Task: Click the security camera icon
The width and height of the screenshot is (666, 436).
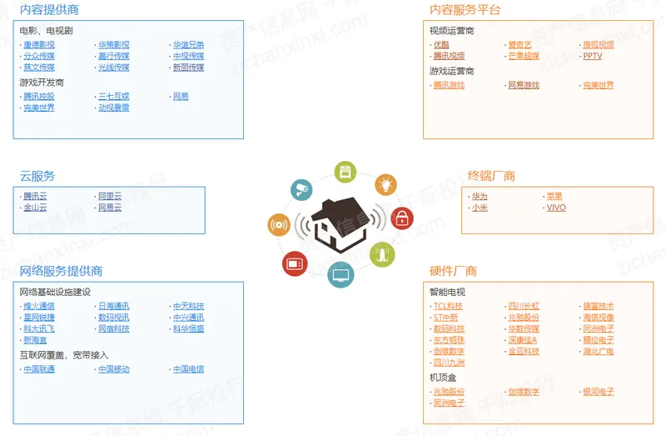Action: pos(301,189)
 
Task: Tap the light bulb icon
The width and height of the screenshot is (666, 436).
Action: pos(385,184)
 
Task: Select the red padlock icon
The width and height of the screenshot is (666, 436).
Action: pos(402,219)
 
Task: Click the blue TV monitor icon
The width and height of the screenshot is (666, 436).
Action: pos(340,273)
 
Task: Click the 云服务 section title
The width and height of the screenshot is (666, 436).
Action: pos(37,176)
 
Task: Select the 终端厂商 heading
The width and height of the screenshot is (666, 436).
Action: pos(491,176)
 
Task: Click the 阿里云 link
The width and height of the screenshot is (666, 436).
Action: pos(110,196)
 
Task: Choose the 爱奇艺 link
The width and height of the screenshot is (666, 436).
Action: pos(519,45)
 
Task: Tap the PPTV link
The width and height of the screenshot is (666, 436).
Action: pos(592,56)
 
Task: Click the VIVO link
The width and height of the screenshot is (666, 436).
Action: pos(555,208)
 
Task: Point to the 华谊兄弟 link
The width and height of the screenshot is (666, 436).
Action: pos(188,45)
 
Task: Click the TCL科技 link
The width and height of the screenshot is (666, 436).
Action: pos(448,306)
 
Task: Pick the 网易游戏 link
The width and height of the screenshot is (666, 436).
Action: pos(524,85)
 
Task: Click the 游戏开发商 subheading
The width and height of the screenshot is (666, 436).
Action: pos(42,83)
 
